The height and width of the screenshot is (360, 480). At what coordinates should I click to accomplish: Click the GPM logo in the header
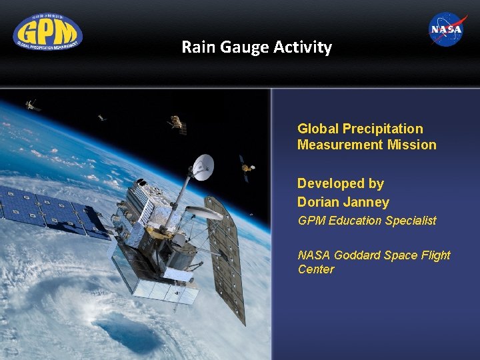pyautogui.click(x=47, y=32)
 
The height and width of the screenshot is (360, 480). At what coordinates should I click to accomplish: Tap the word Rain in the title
pyautogui.click(x=198, y=47)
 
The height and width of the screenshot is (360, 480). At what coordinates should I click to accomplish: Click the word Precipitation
pyautogui.click(x=383, y=129)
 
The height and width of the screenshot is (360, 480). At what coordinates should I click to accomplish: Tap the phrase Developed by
pyautogui.click(x=340, y=183)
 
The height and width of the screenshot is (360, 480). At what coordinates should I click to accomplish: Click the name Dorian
pyautogui.click(x=318, y=202)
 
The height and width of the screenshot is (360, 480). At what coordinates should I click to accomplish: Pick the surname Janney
pyautogui.click(x=365, y=202)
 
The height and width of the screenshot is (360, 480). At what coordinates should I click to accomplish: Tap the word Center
pyautogui.click(x=316, y=269)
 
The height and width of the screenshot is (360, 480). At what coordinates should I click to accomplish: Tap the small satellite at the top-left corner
pyautogui.click(x=31, y=105)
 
